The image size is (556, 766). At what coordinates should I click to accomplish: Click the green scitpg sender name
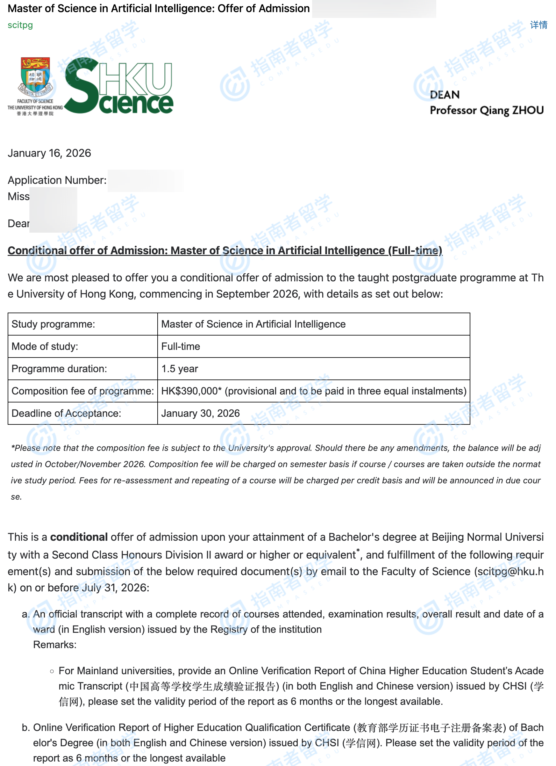tap(20, 25)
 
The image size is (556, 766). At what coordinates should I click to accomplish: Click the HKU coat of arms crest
tap(35, 76)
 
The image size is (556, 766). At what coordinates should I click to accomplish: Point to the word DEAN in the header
tap(445, 95)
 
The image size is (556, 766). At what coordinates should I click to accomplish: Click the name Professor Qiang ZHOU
tap(487, 111)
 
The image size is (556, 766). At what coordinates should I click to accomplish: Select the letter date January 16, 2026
tap(49, 153)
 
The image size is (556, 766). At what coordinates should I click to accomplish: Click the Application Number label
tap(57, 180)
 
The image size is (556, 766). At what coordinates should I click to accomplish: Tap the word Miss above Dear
tap(18, 196)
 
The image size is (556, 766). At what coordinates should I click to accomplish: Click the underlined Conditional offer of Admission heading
tap(225, 250)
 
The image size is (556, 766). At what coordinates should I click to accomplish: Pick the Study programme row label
tap(53, 324)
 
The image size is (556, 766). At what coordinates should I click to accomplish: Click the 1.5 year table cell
tap(180, 368)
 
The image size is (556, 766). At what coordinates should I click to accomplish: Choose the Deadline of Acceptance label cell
tap(66, 413)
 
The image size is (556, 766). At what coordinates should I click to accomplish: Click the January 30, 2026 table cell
tap(201, 413)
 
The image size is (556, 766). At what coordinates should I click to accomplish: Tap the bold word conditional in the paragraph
tap(79, 537)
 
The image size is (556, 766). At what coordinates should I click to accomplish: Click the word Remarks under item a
tap(55, 644)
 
